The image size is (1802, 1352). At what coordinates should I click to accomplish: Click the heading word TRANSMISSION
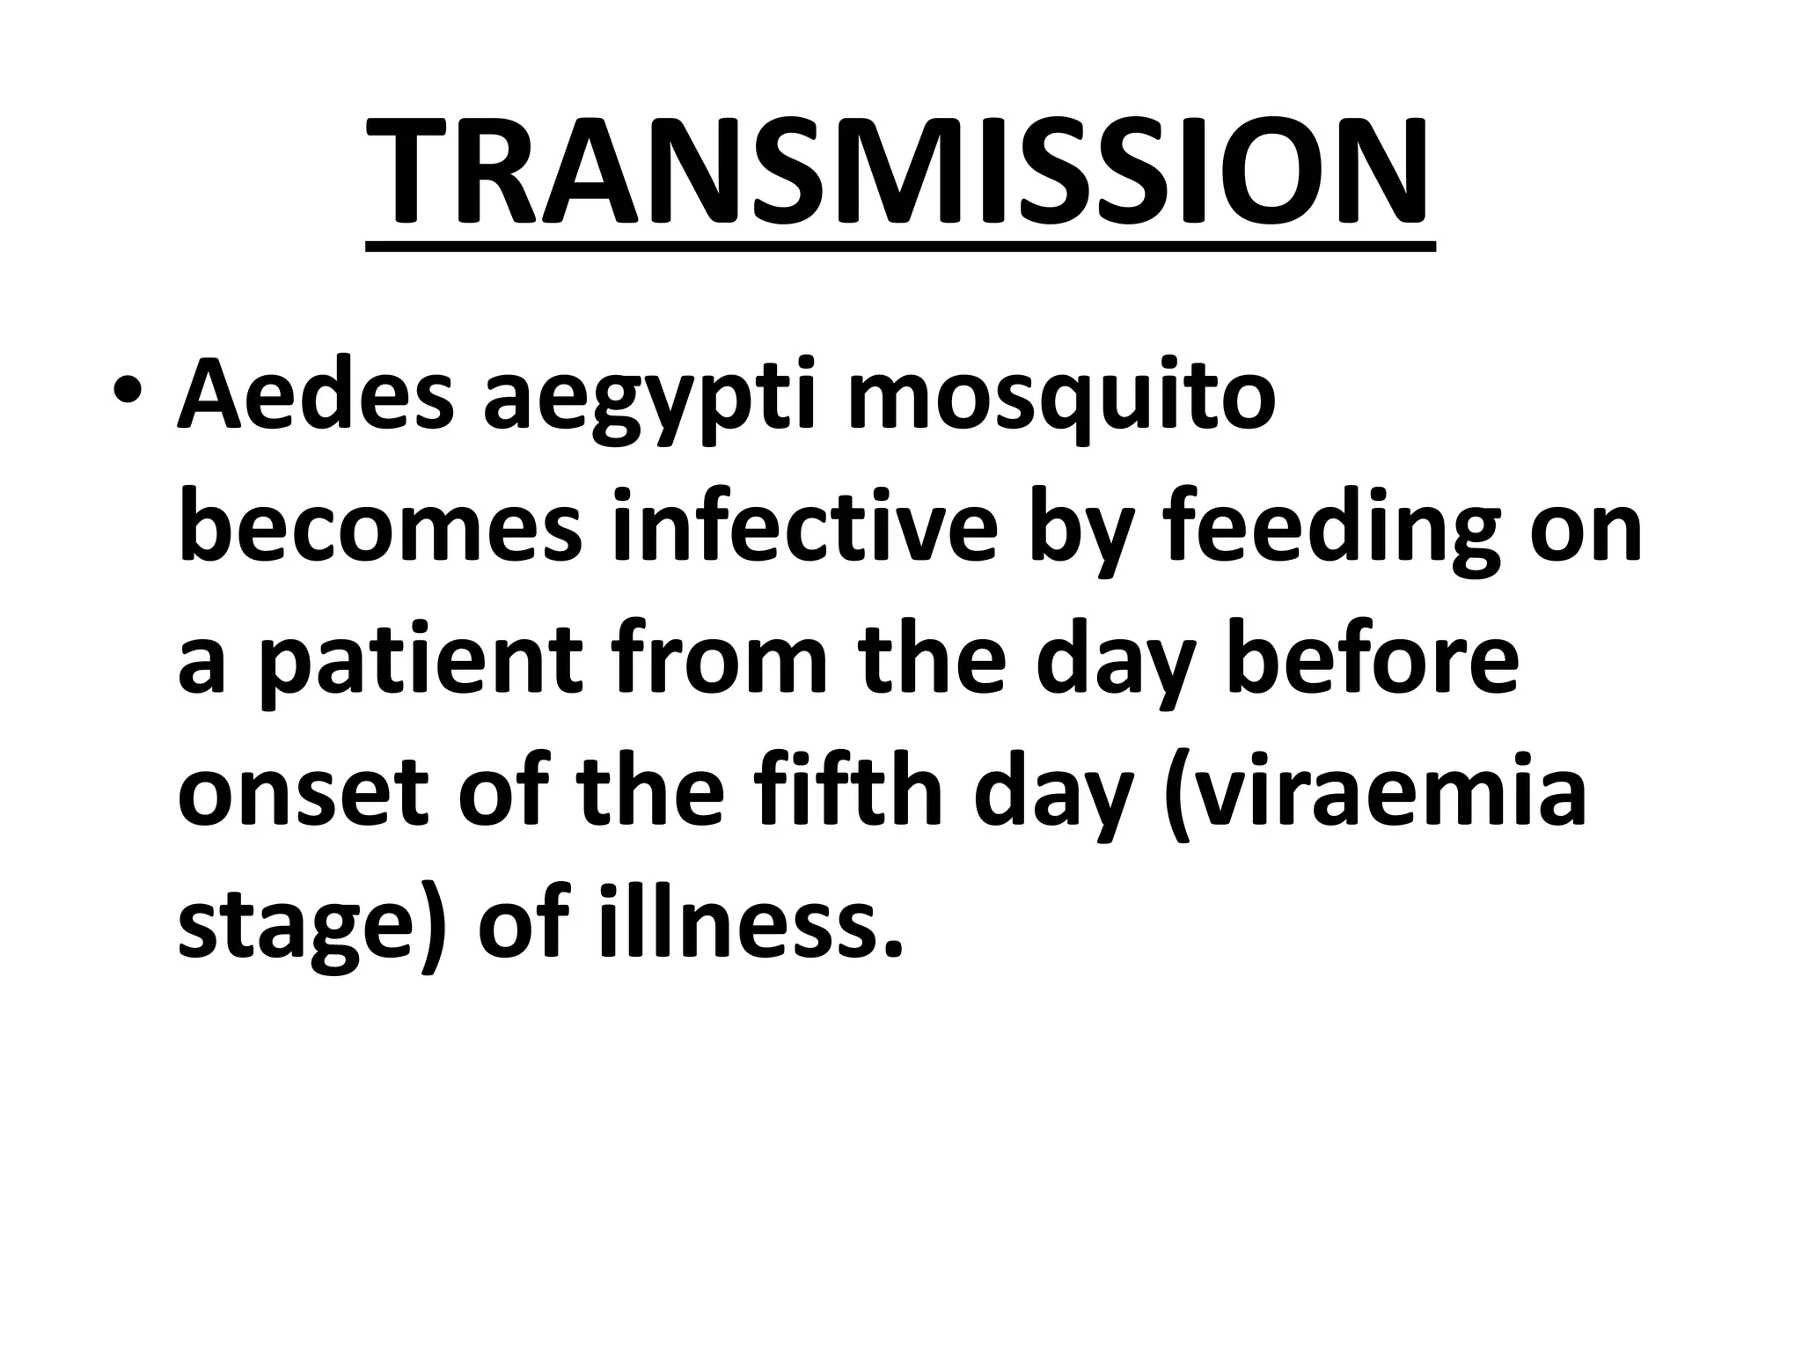[899, 172]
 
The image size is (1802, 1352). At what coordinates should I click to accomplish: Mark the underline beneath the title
[899, 246]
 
